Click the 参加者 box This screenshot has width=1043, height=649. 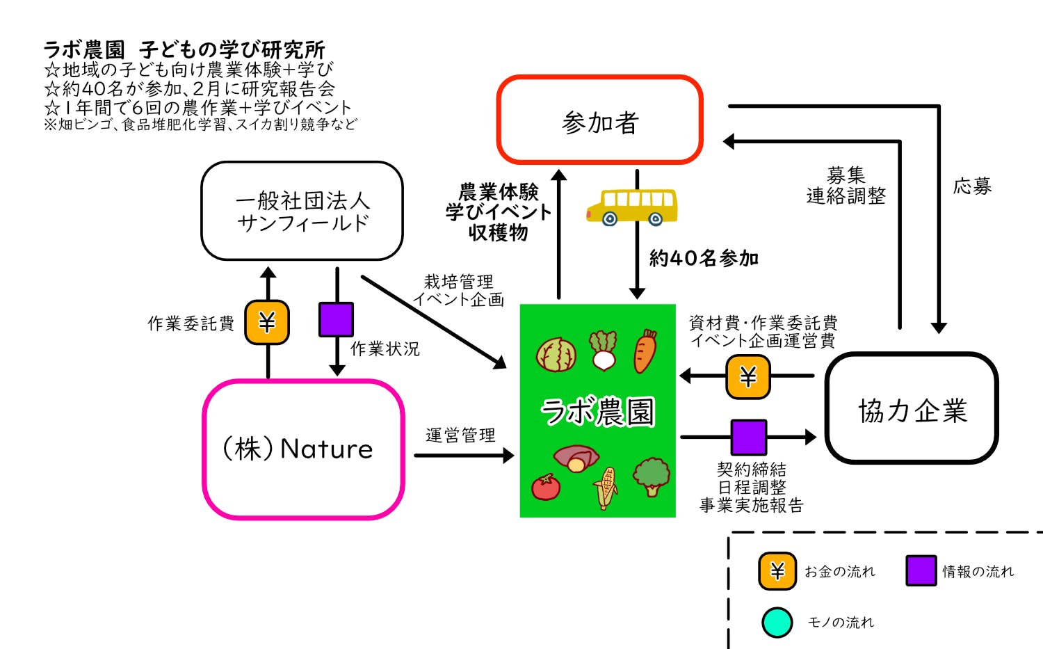pos(599,120)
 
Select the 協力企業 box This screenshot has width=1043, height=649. pos(912,408)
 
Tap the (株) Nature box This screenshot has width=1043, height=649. pos(303,449)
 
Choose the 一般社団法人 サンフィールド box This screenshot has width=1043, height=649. pos(302,211)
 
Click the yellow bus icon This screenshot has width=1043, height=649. pos(631,207)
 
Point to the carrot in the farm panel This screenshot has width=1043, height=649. pos(645,351)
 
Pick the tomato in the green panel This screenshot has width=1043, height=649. pos(546,486)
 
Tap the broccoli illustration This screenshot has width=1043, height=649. pos(651,475)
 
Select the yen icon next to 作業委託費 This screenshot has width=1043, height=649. pos(267,322)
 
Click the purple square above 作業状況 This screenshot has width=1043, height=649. pos(336,319)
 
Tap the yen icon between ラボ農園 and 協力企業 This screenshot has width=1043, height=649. pos(748,376)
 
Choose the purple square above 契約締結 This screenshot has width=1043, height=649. pos(749,437)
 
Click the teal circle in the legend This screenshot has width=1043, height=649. pos(777,623)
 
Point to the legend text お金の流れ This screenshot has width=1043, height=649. pos(839,572)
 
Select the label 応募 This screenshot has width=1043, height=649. pos(972,186)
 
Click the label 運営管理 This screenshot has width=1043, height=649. pos(460,435)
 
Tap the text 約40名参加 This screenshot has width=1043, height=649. pos(703,259)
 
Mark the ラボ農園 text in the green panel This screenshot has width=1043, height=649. pos(598,411)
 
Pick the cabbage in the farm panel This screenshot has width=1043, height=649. pos(556,353)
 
